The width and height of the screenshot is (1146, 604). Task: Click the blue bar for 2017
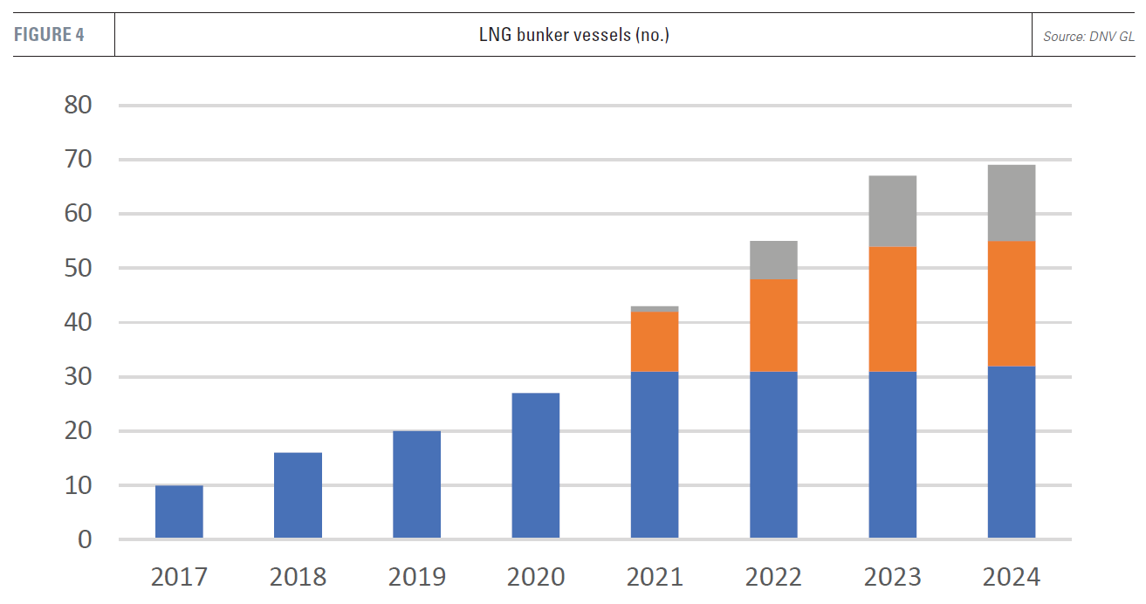(179, 511)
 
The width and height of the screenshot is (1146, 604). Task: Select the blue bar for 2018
(298, 495)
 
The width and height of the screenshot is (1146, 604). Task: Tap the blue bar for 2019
(416, 484)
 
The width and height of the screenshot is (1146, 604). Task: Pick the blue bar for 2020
(535, 465)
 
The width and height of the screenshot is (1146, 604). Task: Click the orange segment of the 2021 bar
(655, 342)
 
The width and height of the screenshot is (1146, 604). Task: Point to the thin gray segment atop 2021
(655, 309)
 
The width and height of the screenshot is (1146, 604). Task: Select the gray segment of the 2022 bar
(773, 260)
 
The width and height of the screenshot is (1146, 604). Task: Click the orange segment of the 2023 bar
(892, 310)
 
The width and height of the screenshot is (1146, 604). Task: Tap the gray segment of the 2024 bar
(1011, 203)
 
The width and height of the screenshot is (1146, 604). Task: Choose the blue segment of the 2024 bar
(1011, 452)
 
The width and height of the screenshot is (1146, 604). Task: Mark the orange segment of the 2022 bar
(773, 326)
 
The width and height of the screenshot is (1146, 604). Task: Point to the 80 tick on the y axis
(78, 106)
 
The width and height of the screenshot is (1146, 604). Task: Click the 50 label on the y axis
(78, 268)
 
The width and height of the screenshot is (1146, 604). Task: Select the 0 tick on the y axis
(85, 539)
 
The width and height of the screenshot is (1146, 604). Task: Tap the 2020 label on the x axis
(535, 577)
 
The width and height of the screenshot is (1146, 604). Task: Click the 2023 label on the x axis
(892, 577)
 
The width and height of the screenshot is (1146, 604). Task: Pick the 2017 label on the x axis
(179, 577)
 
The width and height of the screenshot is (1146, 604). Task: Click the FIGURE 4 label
(49, 35)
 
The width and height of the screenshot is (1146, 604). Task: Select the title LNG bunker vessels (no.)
(573, 36)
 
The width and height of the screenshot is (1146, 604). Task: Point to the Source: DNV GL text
(1088, 37)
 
